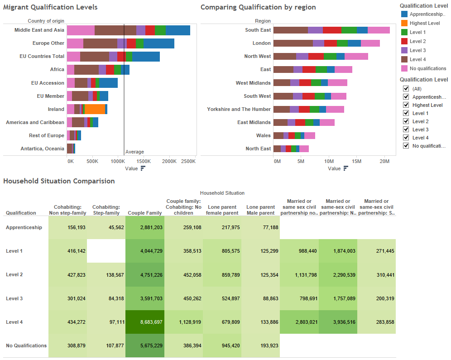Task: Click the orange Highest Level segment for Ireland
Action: tap(95, 109)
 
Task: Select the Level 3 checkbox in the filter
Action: tap(406, 130)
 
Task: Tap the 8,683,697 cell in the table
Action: tap(145, 322)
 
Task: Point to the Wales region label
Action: tap(263, 135)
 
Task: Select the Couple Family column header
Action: tap(145, 213)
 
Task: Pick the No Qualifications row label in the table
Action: tap(26, 346)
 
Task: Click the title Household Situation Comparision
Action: tap(59, 181)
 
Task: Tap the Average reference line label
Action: tap(134, 152)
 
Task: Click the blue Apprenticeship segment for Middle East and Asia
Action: tap(178, 30)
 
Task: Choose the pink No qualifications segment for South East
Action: tap(379, 30)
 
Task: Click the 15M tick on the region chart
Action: tap(357, 161)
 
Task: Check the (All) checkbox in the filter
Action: tap(406, 89)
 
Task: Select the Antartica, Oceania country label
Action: tap(42, 149)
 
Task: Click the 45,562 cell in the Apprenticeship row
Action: tap(106, 227)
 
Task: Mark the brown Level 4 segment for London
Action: tap(293, 43)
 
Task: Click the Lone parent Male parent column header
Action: tap(260, 210)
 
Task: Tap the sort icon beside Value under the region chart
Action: tap(346, 168)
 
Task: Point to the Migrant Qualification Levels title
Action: tap(50, 7)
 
